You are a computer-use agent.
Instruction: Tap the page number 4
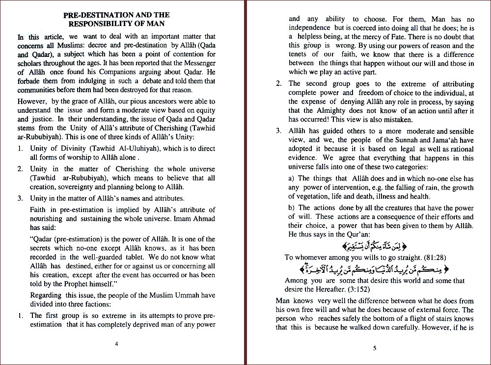pyautogui.click(x=116, y=343)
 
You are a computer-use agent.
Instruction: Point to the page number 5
pyautogui.click(x=374, y=349)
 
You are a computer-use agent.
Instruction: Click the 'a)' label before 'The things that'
pyautogui.click(x=292, y=179)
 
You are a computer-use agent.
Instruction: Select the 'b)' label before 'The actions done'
pyautogui.click(x=292, y=208)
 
